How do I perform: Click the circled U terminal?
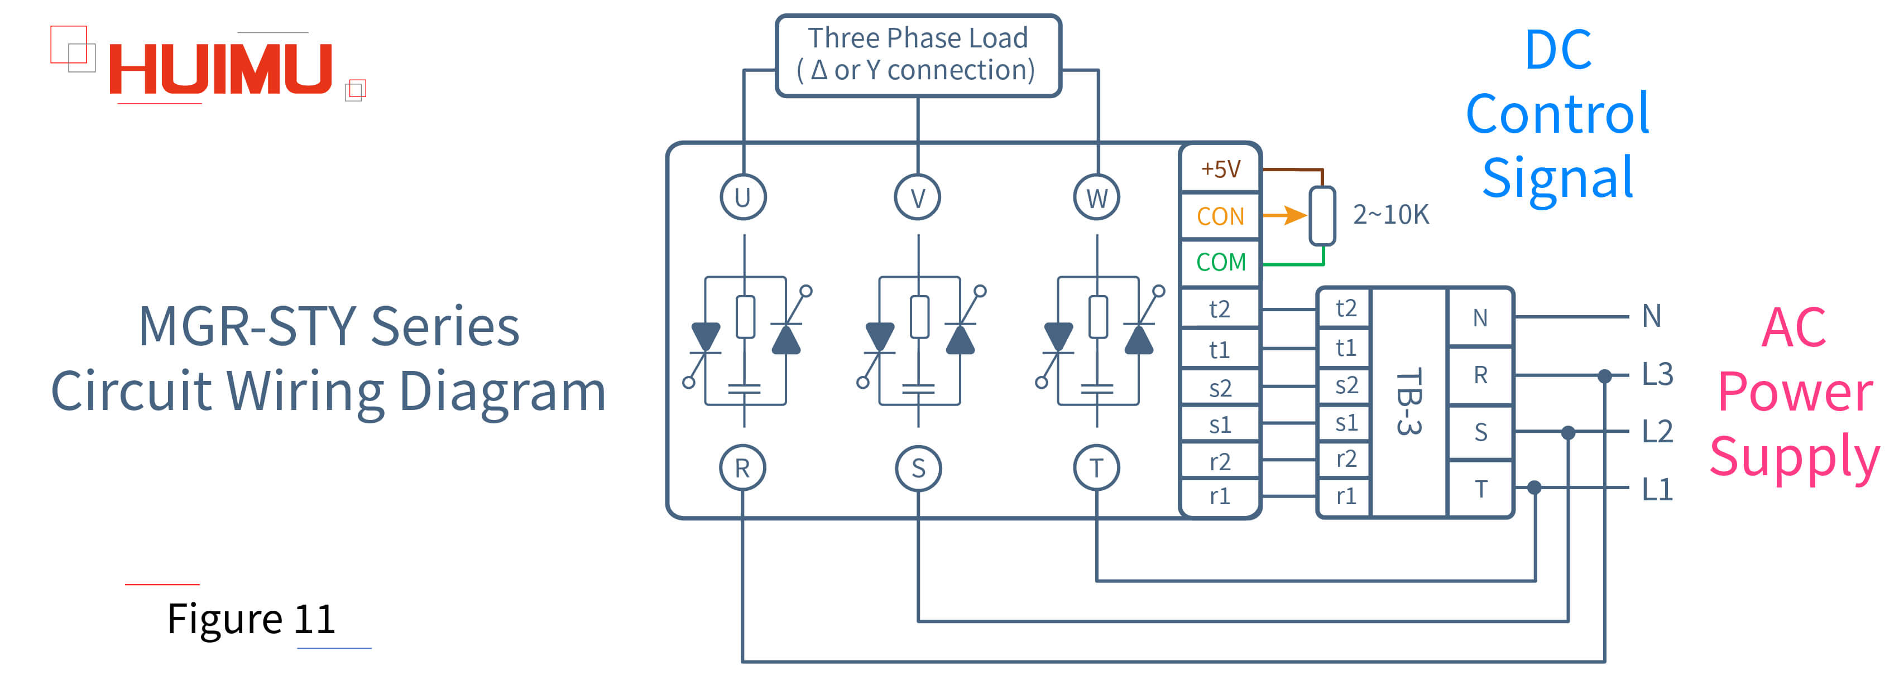pyautogui.click(x=743, y=197)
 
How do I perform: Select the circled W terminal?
pyautogui.click(x=1096, y=197)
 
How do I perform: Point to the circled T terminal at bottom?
pyautogui.click(x=1096, y=468)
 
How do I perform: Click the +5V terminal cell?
pyautogui.click(x=1220, y=169)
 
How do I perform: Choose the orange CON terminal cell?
pyautogui.click(x=1220, y=216)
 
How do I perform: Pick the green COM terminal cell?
pyautogui.click(x=1220, y=262)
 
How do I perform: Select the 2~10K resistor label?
pyautogui.click(x=1390, y=214)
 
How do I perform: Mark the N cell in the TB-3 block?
pyautogui.click(x=1480, y=317)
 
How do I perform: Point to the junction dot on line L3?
pyautogui.click(x=1604, y=376)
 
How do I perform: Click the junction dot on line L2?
pyautogui.click(x=1568, y=432)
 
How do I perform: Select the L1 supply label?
pyautogui.click(x=1657, y=489)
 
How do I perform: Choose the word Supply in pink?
pyautogui.click(x=1794, y=457)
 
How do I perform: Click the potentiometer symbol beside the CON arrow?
pyautogui.click(x=1322, y=216)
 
